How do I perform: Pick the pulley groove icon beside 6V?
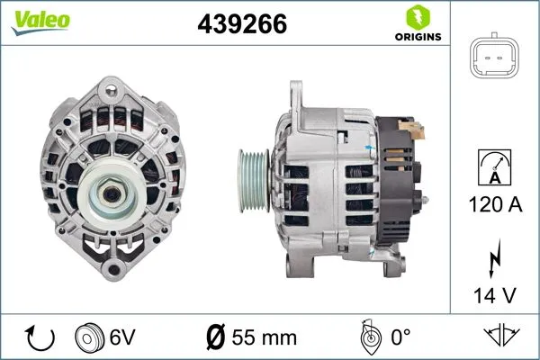pos(90,338)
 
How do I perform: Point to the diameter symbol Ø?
pos(215,338)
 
